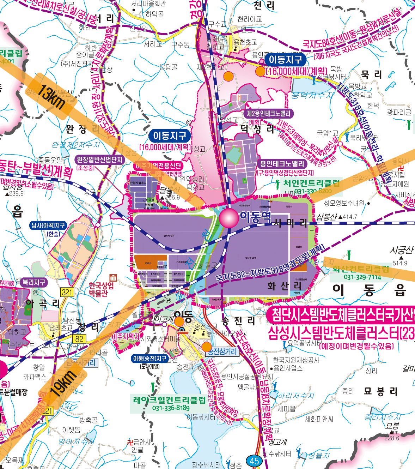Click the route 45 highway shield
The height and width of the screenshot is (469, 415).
pyautogui.click(x=255, y=461)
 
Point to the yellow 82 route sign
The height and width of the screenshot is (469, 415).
pyautogui.click(x=79, y=339)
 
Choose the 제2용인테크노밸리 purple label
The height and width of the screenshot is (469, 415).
pyautogui.click(x=268, y=114)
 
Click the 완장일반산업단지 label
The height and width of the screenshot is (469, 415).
pyautogui.click(x=100, y=160)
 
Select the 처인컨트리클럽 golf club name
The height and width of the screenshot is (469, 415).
pyautogui.click(x=312, y=183)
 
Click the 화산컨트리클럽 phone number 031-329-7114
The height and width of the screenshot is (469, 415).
pyautogui.click(x=362, y=277)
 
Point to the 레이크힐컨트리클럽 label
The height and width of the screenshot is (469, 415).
pyautogui.click(x=169, y=400)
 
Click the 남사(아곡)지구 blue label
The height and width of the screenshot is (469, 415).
pyautogui.click(x=48, y=225)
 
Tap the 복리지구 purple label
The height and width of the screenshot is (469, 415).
pyautogui.click(x=34, y=282)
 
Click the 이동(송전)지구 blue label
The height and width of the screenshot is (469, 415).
pyautogui.click(x=149, y=359)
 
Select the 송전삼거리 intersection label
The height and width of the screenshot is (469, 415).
pyautogui.click(x=222, y=351)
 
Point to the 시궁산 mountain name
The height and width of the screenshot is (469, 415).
pyautogui.click(x=401, y=250)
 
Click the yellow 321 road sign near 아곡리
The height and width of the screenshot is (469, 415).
pyautogui.click(x=67, y=292)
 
